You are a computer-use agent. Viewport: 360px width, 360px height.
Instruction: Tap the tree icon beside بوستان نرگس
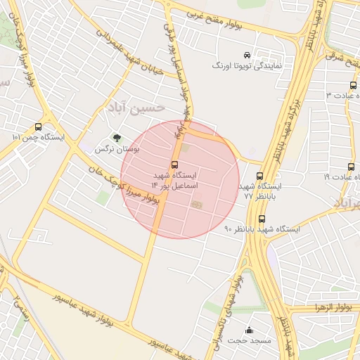pyautogui.click(x=116, y=139)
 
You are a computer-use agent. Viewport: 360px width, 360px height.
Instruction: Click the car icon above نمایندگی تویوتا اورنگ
pyautogui.click(x=246, y=55)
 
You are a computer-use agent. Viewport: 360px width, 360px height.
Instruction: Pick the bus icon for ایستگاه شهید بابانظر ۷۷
pyautogui.click(x=260, y=176)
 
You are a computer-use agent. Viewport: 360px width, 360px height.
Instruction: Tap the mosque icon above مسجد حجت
pyautogui.click(x=249, y=330)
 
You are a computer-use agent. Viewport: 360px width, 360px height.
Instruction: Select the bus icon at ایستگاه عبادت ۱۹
pyautogui.click(x=351, y=167)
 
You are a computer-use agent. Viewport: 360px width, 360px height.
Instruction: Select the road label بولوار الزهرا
pyautogui.click(x=323, y=307)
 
